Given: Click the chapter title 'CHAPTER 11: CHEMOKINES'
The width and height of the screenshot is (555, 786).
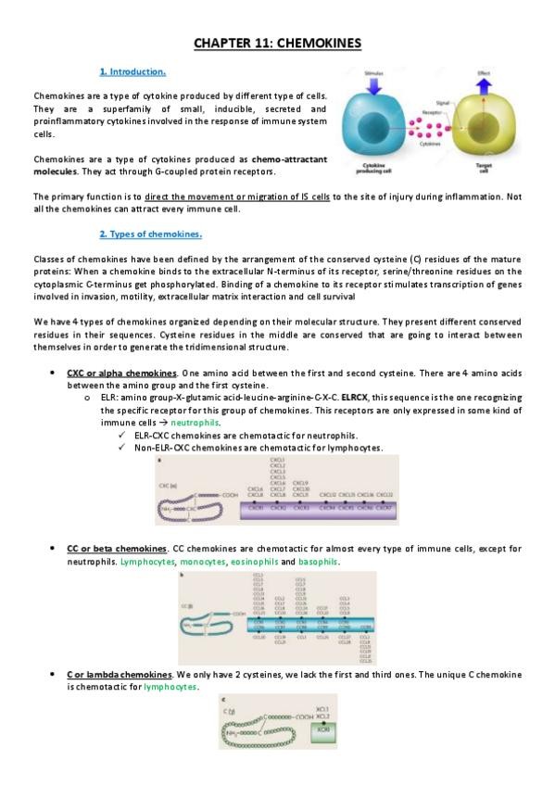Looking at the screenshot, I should (x=277, y=43).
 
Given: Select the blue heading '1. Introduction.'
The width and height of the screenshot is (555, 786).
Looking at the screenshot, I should (x=132, y=71).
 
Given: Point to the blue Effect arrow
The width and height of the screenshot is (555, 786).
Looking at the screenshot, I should (x=483, y=81).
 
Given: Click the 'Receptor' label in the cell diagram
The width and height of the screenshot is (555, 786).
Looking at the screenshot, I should (x=431, y=109).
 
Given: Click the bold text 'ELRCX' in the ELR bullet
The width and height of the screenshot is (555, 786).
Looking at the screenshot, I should (x=354, y=397).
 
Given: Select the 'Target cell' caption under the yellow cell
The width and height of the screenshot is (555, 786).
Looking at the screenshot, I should (x=484, y=169).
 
